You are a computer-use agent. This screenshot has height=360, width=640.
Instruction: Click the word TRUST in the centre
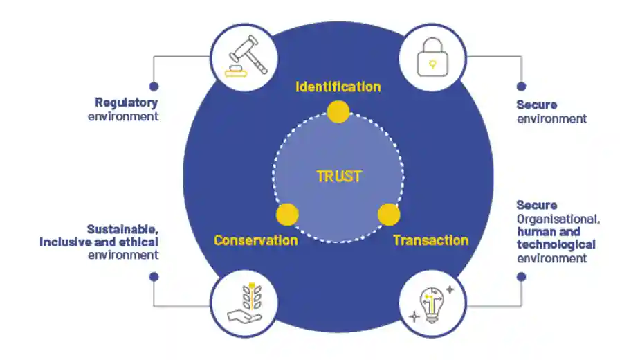(338, 177)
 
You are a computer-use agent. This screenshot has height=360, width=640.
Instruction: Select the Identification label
(338, 87)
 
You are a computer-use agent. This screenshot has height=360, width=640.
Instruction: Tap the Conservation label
(256, 241)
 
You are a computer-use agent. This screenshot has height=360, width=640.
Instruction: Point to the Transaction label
(430, 241)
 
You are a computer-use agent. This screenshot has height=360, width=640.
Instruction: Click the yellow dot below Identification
(338, 112)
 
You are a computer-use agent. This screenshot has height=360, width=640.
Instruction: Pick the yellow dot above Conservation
(287, 215)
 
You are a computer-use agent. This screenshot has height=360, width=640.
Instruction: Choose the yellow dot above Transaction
(389, 215)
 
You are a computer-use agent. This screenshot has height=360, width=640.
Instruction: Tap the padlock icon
(432, 57)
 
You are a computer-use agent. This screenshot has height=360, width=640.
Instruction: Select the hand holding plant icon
(244, 305)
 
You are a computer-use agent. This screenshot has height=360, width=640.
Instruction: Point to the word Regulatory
(127, 103)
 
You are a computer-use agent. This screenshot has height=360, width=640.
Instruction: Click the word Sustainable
(122, 229)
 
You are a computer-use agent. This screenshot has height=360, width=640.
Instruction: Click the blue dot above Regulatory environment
(154, 87)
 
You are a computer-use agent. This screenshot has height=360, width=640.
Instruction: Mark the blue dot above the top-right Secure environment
(521, 87)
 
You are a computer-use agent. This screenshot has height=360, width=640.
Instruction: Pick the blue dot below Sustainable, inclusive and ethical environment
(154, 276)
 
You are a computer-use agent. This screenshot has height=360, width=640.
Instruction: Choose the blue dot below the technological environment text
(521, 276)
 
